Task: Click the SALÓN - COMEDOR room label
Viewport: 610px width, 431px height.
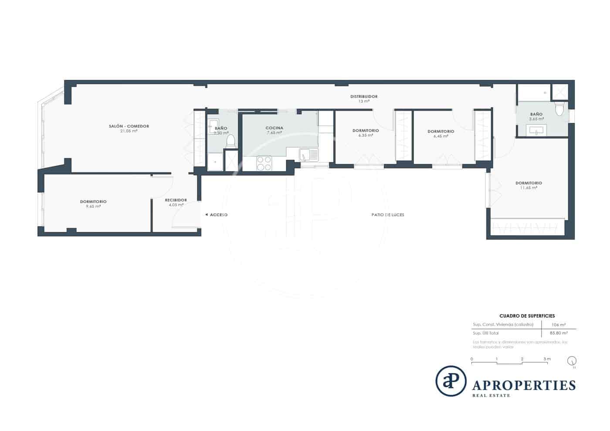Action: pyautogui.click(x=129, y=126)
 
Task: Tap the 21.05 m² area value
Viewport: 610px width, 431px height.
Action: pyautogui.click(x=129, y=131)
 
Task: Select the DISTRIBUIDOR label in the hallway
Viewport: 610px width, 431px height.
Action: pyautogui.click(x=364, y=96)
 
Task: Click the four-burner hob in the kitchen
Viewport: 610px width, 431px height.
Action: pyautogui.click(x=264, y=163)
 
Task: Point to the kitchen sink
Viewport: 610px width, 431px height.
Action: pyautogui.click(x=308, y=154)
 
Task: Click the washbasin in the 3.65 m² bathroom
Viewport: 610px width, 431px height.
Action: pyautogui.click(x=535, y=130)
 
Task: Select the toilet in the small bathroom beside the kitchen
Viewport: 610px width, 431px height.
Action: pyautogui.click(x=231, y=141)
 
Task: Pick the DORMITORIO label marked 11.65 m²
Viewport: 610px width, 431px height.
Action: pyautogui.click(x=529, y=183)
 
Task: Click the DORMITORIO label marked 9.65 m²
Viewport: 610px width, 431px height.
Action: pyautogui.click(x=93, y=201)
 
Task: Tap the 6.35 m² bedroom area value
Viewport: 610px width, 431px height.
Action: pyautogui.click(x=366, y=136)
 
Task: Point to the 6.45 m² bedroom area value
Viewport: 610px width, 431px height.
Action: pyautogui.click(x=441, y=136)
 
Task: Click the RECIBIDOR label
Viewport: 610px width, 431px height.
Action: pyautogui.click(x=176, y=200)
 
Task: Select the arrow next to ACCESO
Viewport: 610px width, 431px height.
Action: pyautogui.click(x=206, y=214)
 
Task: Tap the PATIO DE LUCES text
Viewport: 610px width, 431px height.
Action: pyautogui.click(x=387, y=215)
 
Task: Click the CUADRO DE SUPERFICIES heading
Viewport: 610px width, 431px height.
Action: pyautogui.click(x=527, y=316)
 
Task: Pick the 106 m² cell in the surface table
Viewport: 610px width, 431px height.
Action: pyautogui.click(x=558, y=325)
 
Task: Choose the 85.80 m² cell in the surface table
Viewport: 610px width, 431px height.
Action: pyautogui.click(x=558, y=333)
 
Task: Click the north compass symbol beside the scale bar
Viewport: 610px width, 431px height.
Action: pyautogui.click(x=572, y=361)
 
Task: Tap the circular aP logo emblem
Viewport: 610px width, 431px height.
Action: pyautogui.click(x=451, y=381)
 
